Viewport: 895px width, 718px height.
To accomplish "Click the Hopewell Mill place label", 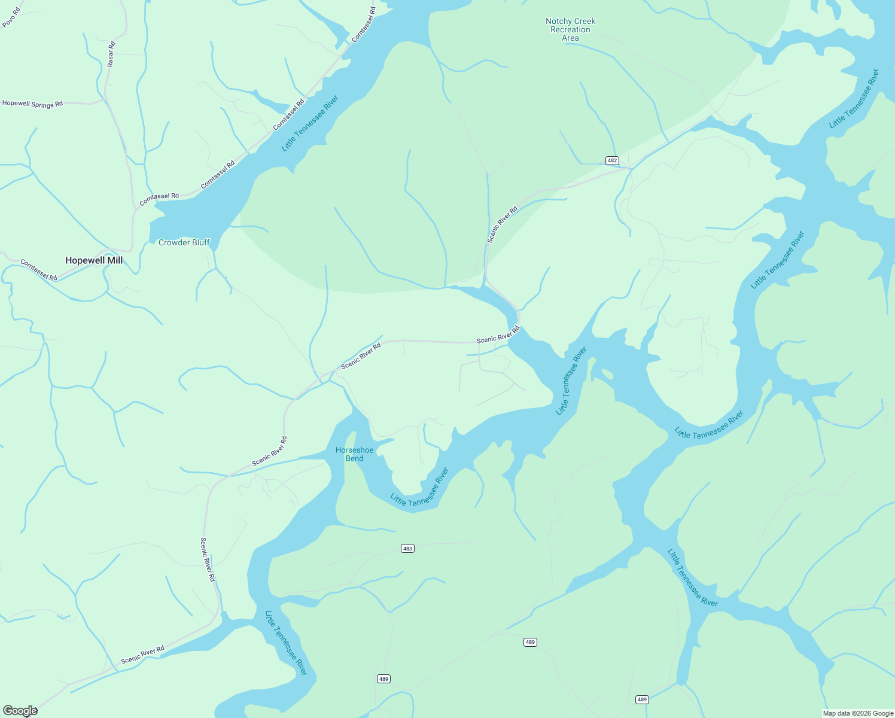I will (94, 260).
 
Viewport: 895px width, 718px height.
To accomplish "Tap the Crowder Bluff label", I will (184, 242).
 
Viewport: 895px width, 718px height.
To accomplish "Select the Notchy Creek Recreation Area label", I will (570, 29).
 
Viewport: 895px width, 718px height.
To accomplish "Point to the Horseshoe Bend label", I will (355, 454).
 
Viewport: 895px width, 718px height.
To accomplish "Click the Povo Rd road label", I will (11, 17).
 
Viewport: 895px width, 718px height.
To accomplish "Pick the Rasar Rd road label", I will (111, 54).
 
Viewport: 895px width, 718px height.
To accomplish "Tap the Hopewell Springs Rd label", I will (32, 104).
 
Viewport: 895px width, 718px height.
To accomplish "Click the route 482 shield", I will (612, 160).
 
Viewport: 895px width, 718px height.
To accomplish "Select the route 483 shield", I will (407, 548).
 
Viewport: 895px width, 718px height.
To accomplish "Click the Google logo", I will (20, 711).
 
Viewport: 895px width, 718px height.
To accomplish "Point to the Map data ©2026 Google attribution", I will (858, 713).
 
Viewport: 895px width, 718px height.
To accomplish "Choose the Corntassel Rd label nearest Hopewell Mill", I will (39, 270).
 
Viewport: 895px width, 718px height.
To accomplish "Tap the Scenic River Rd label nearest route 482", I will (502, 224).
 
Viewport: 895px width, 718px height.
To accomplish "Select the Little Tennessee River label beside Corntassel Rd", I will (310, 123).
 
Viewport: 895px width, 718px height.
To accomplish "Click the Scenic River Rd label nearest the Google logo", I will (142, 655).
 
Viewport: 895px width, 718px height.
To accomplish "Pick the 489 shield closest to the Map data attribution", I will (642, 699).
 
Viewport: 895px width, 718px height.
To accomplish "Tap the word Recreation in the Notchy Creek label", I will (570, 29).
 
